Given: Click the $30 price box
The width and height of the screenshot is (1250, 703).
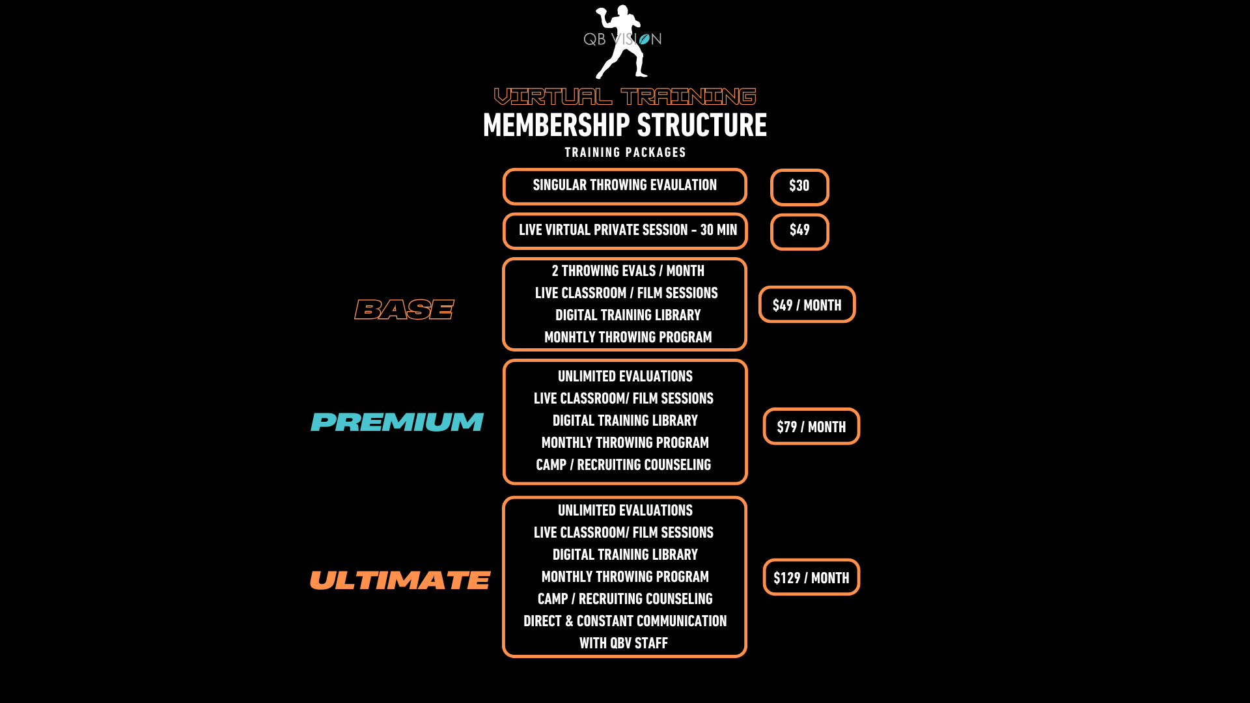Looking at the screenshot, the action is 799,187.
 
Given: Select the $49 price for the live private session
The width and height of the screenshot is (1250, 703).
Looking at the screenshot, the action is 799,231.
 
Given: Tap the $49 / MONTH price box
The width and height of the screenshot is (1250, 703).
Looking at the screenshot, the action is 807,305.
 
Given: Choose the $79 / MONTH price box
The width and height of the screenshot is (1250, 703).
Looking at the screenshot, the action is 811,426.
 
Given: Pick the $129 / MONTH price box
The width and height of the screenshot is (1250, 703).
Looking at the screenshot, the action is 811,577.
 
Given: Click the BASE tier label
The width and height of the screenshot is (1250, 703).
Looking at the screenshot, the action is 404,310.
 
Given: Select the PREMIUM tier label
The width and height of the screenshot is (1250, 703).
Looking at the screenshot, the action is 397,422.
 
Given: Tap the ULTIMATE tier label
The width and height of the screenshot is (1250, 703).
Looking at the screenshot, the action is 400,580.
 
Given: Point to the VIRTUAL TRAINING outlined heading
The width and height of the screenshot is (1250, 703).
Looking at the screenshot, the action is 625,96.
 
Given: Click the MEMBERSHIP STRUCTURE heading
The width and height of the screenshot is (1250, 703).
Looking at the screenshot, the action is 625,125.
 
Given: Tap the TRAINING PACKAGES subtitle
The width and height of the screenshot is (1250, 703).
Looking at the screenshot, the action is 625,152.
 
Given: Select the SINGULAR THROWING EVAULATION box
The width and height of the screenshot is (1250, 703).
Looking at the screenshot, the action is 625,186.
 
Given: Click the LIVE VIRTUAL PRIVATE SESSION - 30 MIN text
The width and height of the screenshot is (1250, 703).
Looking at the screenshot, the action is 628,230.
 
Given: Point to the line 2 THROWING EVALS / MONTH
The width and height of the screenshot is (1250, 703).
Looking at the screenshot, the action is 628,271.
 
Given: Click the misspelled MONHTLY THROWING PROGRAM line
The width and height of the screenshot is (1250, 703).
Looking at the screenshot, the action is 628,337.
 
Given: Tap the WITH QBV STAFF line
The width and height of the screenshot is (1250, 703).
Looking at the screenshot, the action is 624,643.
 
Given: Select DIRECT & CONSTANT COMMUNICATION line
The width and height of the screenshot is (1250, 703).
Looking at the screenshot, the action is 625,621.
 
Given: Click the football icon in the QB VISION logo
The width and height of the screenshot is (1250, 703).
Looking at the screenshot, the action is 645,40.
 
